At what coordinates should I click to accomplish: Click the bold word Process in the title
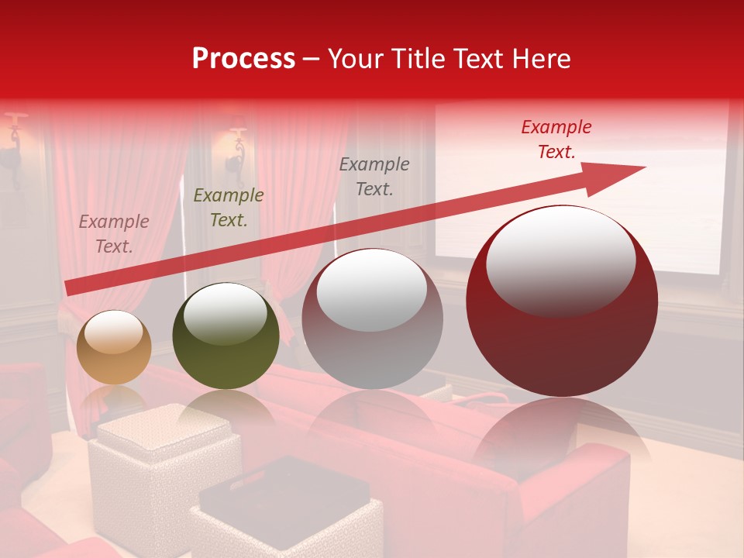click(243, 59)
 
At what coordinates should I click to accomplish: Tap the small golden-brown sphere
click(114, 347)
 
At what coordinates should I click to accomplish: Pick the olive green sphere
click(226, 336)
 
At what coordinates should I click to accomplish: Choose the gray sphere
click(372, 319)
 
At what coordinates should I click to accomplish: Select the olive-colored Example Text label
click(229, 208)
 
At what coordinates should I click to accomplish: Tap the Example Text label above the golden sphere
click(114, 234)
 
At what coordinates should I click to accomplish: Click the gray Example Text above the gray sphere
click(374, 176)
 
